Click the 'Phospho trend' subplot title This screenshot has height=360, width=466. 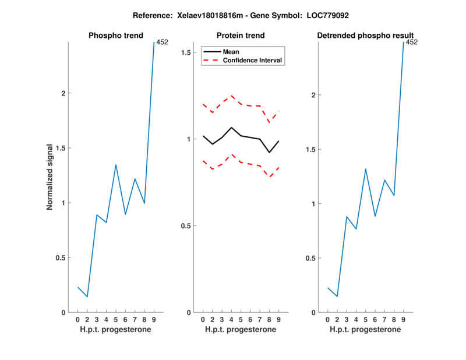[116, 36]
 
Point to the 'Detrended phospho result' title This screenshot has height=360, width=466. [365, 36]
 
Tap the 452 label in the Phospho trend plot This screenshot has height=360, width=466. [163, 42]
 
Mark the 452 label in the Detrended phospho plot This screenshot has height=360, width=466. [412, 42]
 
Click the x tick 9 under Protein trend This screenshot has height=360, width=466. [279, 319]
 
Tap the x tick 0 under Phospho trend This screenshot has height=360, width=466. [78, 319]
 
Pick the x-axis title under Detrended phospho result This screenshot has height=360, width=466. [365, 329]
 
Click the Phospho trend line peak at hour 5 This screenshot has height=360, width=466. [116, 165]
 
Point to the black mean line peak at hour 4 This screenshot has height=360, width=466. [231, 128]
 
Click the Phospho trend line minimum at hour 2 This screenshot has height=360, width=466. [87, 297]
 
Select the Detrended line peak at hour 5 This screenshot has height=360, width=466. [365, 169]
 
